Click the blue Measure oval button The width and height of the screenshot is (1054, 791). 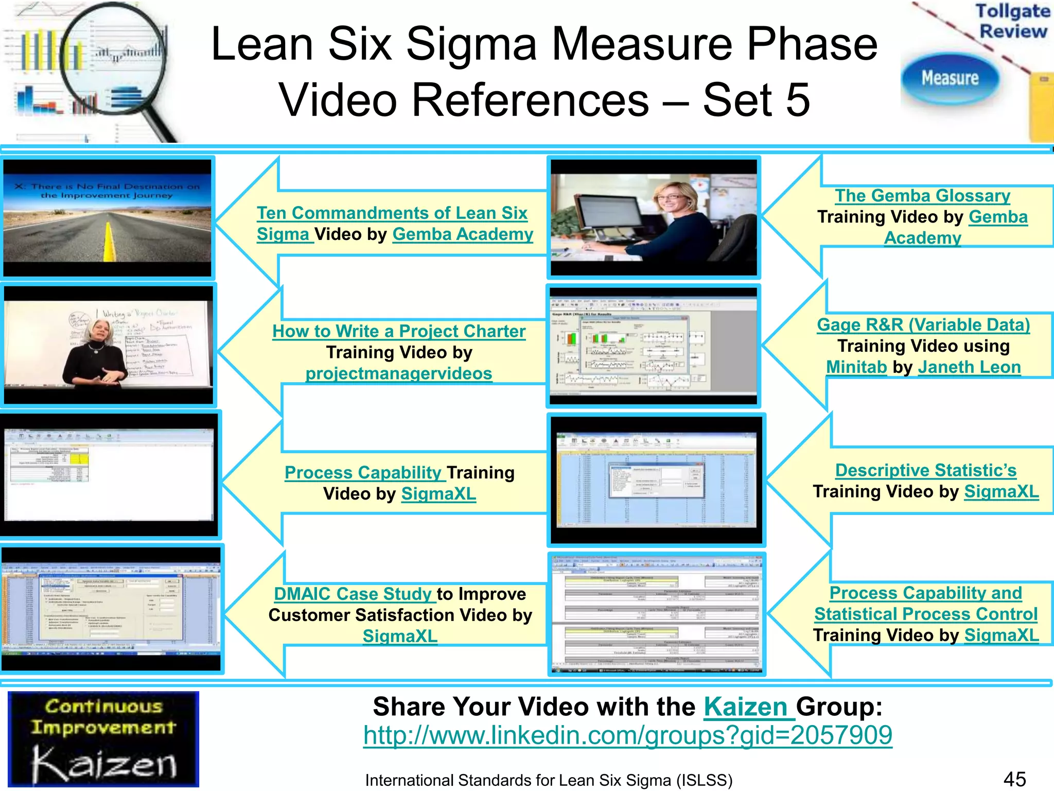pyautogui.click(x=950, y=78)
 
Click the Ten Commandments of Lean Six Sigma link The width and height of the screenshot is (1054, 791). pyautogui.click(x=392, y=213)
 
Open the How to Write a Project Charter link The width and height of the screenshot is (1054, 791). pyautogui.click(x=399, y=331)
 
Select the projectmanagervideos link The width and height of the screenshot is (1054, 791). pyautogui.click(x=399, y=373)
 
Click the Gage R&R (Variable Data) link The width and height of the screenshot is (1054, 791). pyautogui.click(x=923, y=325)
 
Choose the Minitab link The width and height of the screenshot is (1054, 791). pyautogui.click(x=856, y=367)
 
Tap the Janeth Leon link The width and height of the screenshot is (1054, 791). pyautogui.click(x=969, y=367)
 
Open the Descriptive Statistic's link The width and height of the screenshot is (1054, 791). pyautogui.click(x=925, y=470)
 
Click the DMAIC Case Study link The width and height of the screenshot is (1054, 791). pyautogui.click(x=353, y=594)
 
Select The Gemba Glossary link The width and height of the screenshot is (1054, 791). pyautogui.click(x=922, y=196)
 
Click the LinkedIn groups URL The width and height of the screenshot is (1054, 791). pyautogui.click(x=627, y=735)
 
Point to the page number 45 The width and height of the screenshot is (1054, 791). pyautogui.click(x=1014, y=779)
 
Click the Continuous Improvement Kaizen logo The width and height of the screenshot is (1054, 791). pyautogui.click(x=103, y=739)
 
